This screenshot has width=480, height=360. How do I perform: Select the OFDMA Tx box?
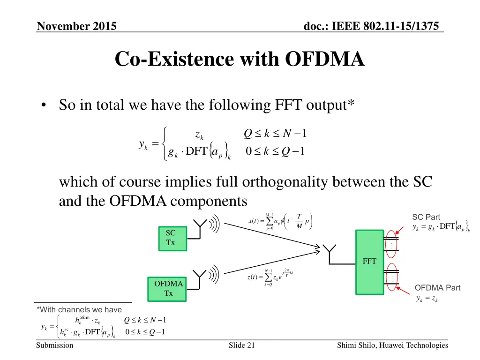pos(168,288)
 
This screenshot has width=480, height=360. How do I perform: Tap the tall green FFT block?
pos(369,262)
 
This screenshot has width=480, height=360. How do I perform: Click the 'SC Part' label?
pos(426,217)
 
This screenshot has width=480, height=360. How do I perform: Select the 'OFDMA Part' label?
pos(437,288)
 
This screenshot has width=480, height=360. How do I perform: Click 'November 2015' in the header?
pos(77,26)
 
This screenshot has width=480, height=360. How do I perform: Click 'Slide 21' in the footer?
pos(241,345)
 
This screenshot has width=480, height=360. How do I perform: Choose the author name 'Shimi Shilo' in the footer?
pos(357,345)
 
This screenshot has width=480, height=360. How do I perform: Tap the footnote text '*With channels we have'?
pos(79,309)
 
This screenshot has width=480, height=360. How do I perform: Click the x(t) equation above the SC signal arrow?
pos(280,222)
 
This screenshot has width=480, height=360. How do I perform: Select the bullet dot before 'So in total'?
pos(43,106)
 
